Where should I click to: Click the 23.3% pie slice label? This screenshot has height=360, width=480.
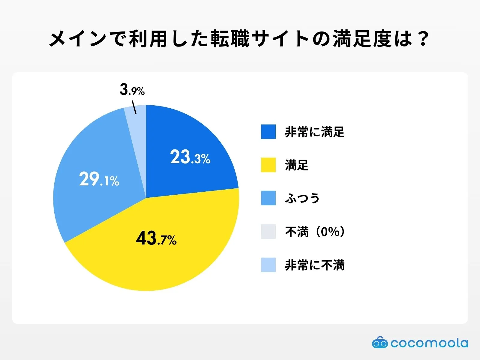click(190, 157)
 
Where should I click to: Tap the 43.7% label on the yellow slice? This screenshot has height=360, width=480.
click(156, 239)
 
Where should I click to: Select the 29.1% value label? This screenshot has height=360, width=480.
click(99, 179)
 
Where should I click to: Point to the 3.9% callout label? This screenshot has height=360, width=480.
click(132, 90)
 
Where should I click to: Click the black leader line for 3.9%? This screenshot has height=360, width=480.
click(134, 107)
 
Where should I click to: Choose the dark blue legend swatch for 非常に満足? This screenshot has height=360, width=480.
click(268, 132)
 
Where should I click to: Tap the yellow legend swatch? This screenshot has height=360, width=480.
click(268, 165)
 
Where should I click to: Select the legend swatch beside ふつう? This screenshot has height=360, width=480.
click(268, 198)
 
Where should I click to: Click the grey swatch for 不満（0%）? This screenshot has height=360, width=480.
click(268, 232)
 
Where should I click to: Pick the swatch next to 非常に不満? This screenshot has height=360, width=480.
click(268, 265)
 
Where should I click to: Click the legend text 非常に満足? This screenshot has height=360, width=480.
click(314, 132)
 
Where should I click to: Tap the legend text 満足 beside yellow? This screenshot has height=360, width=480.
click(296, 165)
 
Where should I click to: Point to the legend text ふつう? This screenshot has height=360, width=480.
click(302, 198)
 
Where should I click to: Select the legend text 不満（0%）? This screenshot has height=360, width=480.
click(315, 232)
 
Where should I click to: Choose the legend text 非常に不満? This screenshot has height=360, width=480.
click(314, 265)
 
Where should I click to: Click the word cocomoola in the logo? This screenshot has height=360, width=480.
click(429, 343)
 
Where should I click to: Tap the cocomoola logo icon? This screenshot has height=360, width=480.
click(379, 343)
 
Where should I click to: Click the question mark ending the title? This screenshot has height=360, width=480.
click(423, 39)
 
